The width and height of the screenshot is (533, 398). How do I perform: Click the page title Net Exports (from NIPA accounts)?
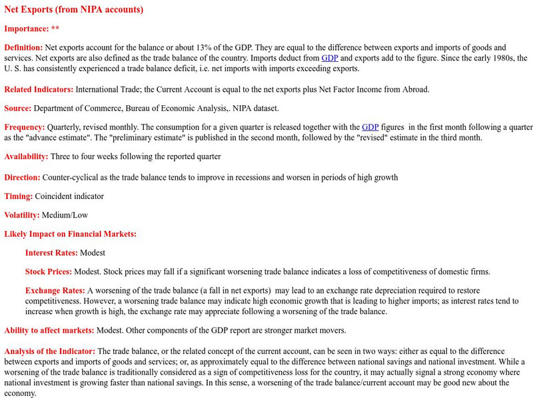[73, 10]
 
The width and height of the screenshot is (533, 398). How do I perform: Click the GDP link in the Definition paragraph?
[330, 58]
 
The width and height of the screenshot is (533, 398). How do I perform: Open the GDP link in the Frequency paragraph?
[370, 126]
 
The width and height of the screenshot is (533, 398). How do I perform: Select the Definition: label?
[23, 47]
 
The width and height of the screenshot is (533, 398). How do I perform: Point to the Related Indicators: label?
[39, 89]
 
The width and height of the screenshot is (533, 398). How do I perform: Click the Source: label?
[18, 108]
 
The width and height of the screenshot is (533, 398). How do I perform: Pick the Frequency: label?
[25, 126]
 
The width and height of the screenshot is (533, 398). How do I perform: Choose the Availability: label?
[26, 156]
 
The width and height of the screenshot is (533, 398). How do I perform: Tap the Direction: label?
[22, 178]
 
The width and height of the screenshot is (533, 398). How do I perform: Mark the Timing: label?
[19, 196]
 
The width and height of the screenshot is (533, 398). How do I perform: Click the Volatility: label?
[22, 215]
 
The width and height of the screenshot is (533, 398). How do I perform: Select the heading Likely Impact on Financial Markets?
[70, 234]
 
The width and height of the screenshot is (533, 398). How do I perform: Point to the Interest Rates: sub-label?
[51, 253]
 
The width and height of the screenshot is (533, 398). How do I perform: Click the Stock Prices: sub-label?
[49, 272]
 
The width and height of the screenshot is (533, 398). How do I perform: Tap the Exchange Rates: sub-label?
[55, 291]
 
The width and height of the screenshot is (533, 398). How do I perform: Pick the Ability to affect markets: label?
[49, 330]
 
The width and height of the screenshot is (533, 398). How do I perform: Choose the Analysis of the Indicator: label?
[50, 351]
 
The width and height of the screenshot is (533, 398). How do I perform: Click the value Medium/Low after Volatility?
[65, 215]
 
